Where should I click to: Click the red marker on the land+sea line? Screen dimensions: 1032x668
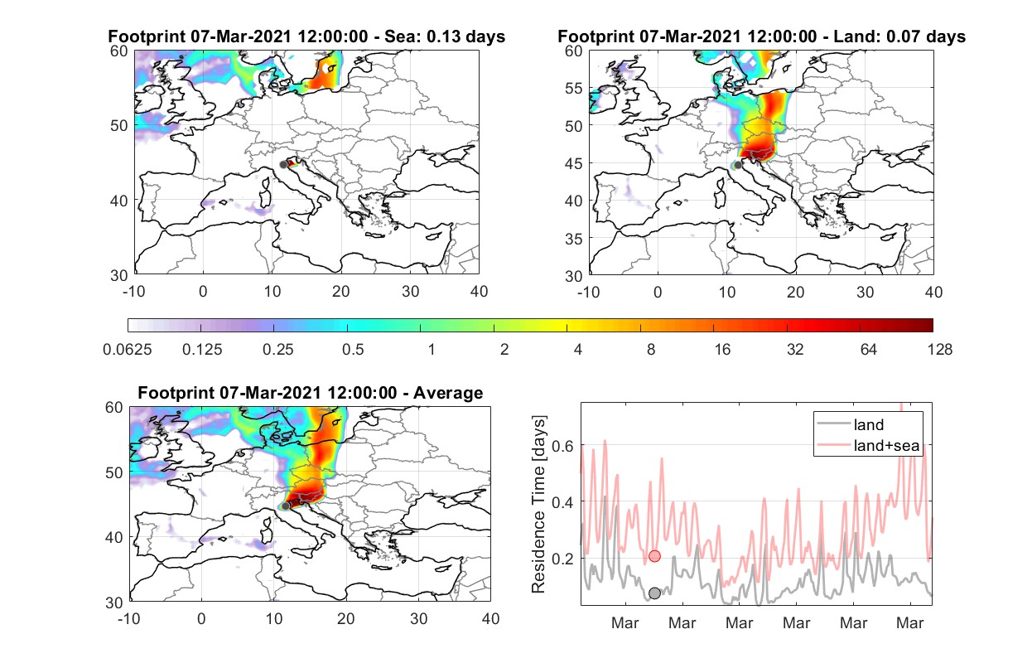pos(654,556)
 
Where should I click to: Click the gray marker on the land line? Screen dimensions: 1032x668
pos(654,593)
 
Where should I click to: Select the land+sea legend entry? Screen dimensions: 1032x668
pos(869,445)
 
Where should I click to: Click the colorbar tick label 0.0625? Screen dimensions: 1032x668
pos(128,350)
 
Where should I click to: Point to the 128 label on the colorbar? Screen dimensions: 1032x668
pos(939,350)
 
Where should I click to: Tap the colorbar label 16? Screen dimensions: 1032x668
pos(722,350)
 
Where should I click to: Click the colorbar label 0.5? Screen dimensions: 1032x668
pos(353,350)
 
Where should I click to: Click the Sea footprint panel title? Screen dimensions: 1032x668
pos(306,36)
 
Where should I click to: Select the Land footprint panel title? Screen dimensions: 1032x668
pos(761,36)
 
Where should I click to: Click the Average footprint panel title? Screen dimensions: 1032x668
pos(311,393)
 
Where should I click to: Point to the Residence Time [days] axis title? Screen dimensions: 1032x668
pos(538,505)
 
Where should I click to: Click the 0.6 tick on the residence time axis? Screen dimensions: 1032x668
pos(563,446)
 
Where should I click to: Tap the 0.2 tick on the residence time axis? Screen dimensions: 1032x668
pos(563,559)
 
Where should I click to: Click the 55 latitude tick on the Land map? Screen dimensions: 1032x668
pos(574,88)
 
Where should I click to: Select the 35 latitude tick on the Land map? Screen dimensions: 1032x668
pos(574,239)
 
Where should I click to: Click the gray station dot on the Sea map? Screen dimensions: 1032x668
pos(283,165)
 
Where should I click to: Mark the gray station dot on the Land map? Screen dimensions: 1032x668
pos(738,165)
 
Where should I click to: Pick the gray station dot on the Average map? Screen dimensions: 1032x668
pos(286,506)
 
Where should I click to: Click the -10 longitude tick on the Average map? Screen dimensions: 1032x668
pos(129,618)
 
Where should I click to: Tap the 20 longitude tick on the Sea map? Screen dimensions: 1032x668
pos(341,292)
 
